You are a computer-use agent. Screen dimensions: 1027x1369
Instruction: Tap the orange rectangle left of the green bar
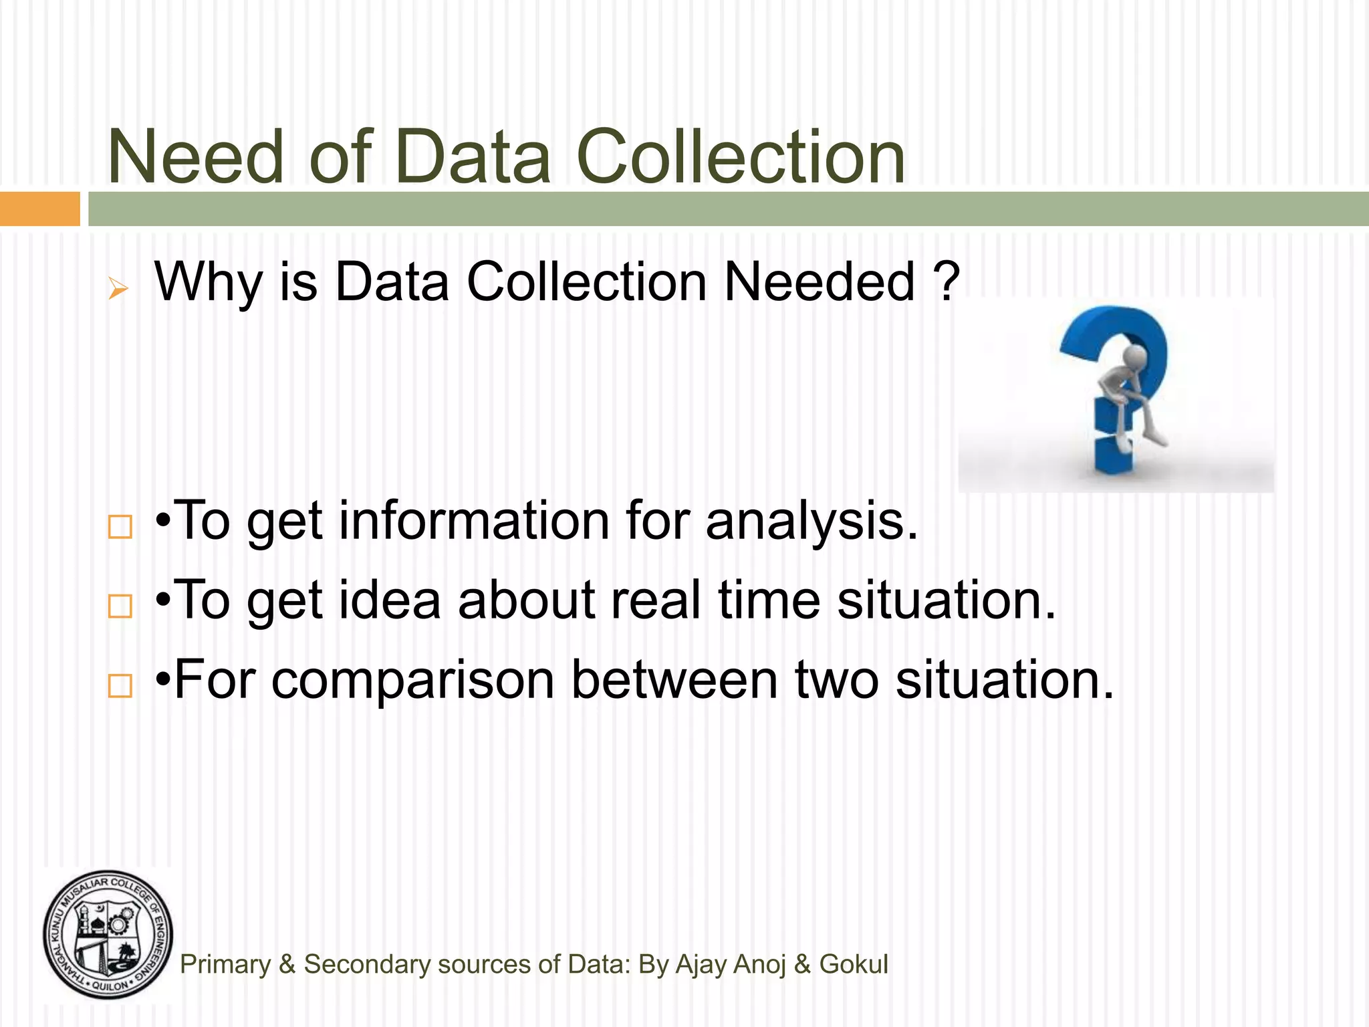click(39, 209)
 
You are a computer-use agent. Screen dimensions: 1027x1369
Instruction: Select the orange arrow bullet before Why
click(118, 289)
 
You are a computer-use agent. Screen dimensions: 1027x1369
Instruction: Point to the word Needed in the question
click(820, 281)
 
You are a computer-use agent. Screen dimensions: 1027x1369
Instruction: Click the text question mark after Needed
click(947, 281)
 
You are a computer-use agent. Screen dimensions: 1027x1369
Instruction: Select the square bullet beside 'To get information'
click(120, 527)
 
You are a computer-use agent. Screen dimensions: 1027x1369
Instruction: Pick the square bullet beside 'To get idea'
click(120, 606)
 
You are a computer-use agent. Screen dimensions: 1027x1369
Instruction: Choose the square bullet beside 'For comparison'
click(120, 685)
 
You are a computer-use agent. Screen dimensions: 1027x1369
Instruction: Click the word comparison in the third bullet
click(413, 680)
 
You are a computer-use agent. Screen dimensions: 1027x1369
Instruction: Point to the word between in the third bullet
click(674, 679)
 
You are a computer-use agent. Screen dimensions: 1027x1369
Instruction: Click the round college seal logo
click(108, 935)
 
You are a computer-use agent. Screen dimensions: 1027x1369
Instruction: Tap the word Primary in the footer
click(225, 965)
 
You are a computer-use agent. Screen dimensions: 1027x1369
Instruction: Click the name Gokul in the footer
click(854, 964)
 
